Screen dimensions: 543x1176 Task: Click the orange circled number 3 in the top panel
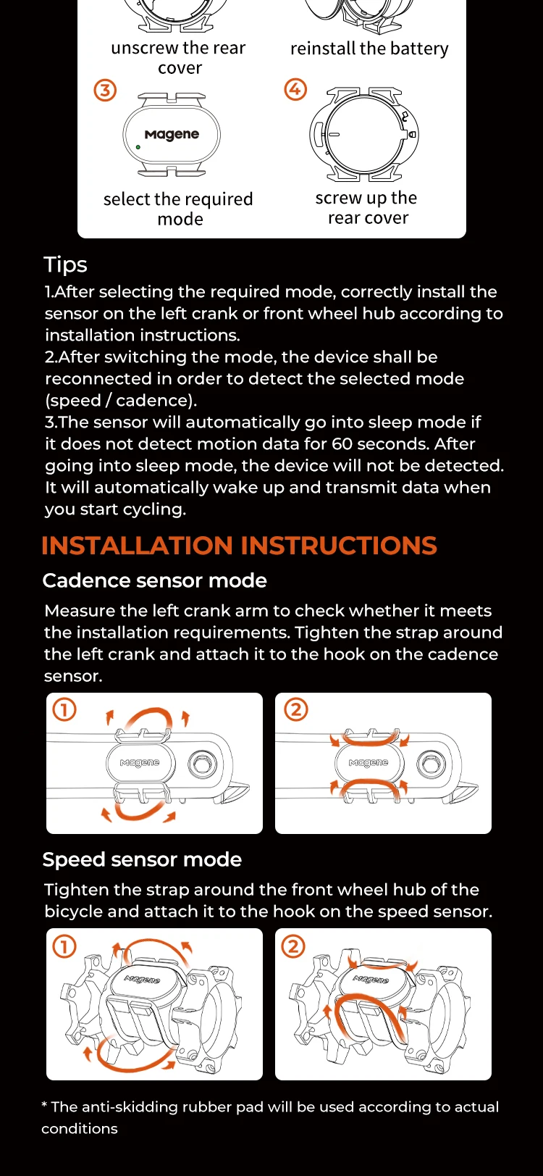105,91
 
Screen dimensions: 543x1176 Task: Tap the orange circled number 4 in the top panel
295,89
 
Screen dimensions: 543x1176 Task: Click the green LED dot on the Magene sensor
138,148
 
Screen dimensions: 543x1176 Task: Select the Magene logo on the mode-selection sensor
172,134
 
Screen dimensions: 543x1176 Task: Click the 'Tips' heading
65,264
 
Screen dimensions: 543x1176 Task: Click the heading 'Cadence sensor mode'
155,580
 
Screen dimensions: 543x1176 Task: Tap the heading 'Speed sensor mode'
142,859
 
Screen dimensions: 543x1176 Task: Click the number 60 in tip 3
342,444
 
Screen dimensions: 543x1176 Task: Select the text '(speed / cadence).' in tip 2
121,401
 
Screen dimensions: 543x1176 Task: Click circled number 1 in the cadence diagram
64,709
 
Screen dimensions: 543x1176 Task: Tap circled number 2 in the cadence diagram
296,709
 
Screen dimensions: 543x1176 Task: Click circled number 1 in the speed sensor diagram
64,946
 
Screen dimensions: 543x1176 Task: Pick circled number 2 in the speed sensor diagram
293,946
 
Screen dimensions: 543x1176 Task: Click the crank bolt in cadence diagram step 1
202,764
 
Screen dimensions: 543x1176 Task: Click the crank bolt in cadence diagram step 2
432,764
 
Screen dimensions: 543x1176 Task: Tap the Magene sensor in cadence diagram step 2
369,762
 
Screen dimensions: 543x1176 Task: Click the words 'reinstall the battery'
369,49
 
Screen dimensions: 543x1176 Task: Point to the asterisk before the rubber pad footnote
45,1104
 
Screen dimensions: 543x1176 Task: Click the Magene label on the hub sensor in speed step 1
142,979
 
